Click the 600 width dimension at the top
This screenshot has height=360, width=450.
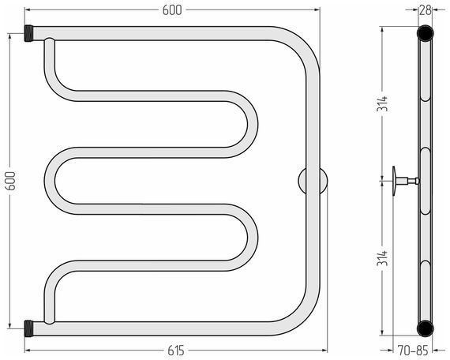click(x=172, y=10)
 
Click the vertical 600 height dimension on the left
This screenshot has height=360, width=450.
click(x=10, y=181)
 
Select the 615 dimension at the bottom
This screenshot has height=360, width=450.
click(x=176, y=351)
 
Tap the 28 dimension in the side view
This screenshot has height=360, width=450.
click(x=426, y=10)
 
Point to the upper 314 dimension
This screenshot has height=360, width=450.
click(x=382, y=103)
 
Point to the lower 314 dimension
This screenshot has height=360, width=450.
click(x=382, y=258)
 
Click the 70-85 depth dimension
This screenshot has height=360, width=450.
click(x=413, y=351)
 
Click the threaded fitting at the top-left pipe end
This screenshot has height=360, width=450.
click(x=29, y=33)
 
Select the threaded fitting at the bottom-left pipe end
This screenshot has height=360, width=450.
click(x=29, y=328)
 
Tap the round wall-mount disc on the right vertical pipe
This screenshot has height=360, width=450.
click(x=313, y=181)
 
